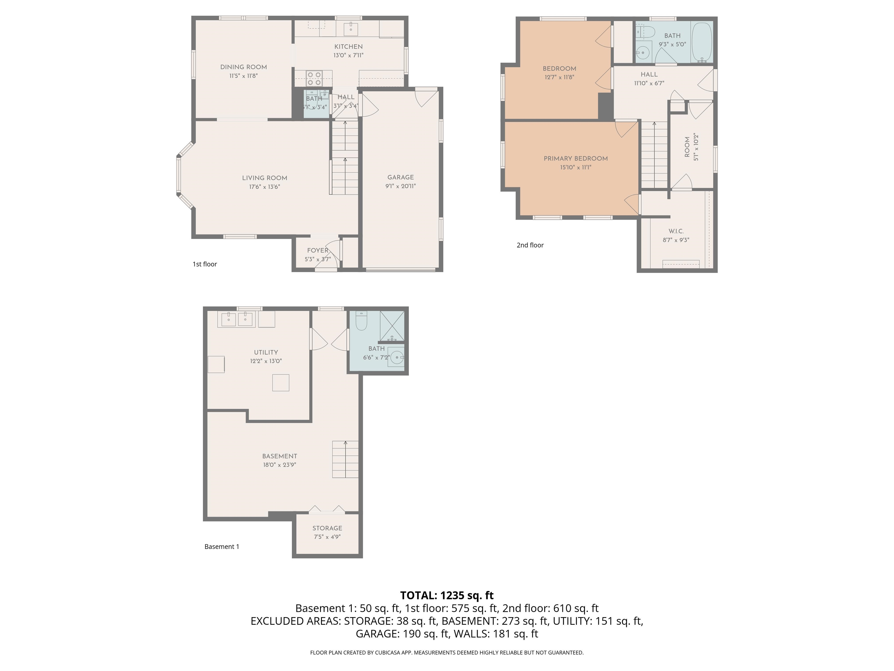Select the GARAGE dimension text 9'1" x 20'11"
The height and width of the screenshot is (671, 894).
coord(400,186)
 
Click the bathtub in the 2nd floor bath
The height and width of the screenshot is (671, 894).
coord(702,42)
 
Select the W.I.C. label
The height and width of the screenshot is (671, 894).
coord(676,231)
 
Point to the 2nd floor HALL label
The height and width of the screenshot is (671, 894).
coord(649,75)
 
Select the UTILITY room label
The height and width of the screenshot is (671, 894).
coord(265,352)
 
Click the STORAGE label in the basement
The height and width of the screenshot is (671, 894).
coord(327,528)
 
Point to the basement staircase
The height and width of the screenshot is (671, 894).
coord(345,459)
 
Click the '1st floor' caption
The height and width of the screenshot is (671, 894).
coord(205,264)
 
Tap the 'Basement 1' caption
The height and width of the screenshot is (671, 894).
coord(221,547)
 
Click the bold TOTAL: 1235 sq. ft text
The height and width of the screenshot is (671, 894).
coord(447,595)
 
